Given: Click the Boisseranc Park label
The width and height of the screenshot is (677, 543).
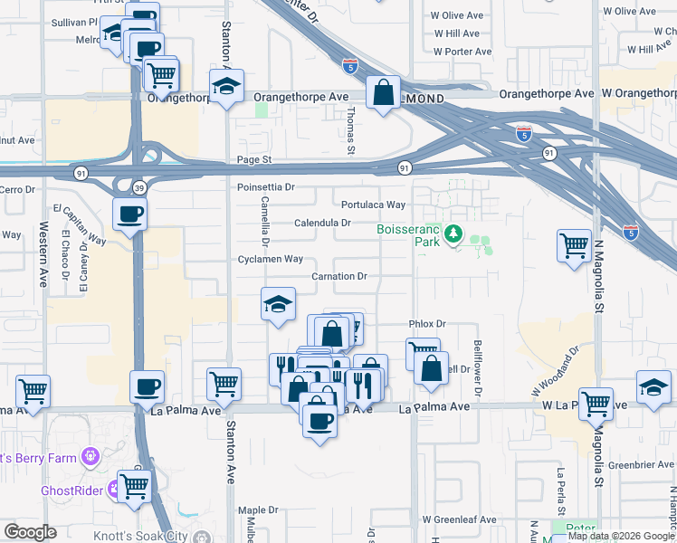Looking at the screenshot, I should point(407,235).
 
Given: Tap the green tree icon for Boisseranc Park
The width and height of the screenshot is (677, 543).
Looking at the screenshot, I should point(453,235).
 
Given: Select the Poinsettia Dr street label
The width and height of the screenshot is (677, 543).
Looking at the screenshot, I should point(266,186).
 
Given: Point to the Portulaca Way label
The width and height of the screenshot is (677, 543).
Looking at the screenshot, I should point(373,205).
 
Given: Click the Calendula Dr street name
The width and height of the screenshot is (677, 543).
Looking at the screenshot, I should point(322,223).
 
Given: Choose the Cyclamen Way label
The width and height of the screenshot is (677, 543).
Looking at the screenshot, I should point(269,259).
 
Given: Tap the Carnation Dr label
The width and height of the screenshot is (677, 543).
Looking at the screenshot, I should point(339,276).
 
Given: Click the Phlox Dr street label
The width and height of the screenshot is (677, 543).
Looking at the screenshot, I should point(428,323).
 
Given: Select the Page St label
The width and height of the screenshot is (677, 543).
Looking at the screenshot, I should point(253,159).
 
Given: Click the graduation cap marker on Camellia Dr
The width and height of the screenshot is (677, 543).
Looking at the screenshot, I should point(279,305).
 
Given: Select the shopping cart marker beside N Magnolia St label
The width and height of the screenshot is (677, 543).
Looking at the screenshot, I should point(575,245).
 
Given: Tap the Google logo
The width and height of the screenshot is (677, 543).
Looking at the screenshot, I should point(30,532).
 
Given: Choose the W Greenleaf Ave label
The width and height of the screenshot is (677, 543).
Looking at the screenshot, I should point(459,520).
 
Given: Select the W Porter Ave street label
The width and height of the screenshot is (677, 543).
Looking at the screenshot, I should point(462,52).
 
